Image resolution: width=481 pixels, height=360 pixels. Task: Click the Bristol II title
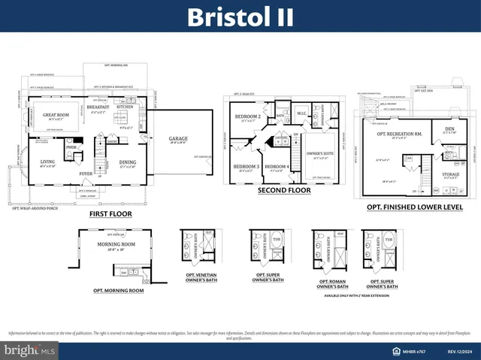240,17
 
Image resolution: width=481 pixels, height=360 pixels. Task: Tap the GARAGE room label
177,138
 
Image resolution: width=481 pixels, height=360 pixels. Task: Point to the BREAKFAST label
98,107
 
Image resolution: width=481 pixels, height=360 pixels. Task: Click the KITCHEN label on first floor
125,107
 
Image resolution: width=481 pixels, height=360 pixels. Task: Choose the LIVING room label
47,162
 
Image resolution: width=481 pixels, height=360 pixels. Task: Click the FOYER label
86,173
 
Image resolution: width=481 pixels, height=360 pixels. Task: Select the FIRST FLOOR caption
110,213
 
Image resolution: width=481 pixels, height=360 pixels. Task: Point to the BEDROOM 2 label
247,116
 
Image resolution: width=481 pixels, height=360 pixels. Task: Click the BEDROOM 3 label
246,166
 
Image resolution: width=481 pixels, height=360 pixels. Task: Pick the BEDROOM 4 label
277,166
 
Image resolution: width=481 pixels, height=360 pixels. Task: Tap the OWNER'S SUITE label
319,154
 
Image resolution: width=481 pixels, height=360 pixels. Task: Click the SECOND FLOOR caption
285,191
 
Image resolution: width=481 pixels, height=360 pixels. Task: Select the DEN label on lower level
450,129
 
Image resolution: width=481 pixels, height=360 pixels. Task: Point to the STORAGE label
450,174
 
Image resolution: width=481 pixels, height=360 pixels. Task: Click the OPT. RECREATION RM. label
398,134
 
